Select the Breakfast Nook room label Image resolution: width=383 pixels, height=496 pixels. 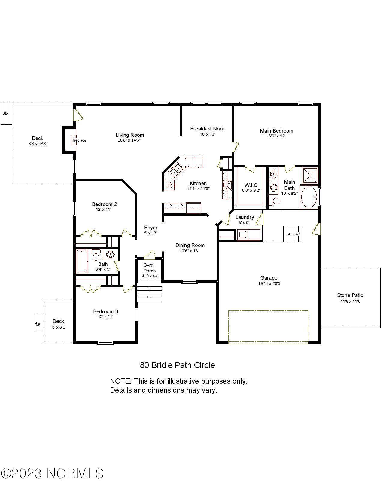click(x=207, y=129)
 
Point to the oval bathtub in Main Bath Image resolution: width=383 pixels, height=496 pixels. click(x=309, y=197)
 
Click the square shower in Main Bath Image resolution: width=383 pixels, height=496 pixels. click(x=310, y=175)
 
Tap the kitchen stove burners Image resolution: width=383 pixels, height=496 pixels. click(x=227, y=184)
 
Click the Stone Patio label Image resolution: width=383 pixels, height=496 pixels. click(x=350, y=295)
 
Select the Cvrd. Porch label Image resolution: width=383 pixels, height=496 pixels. click(x=149, y=268)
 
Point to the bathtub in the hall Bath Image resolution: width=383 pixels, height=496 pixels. click(x=82, y=261)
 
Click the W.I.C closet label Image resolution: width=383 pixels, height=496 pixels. click(x=251, y=185)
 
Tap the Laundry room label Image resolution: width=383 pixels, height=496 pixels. click(x=245, y=217)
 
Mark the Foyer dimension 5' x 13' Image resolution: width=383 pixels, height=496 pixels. click(x=150, y=233)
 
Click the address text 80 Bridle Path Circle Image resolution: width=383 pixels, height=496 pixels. click(x=177, y=365)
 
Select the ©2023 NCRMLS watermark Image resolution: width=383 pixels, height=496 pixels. click(x=52, y=473)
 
